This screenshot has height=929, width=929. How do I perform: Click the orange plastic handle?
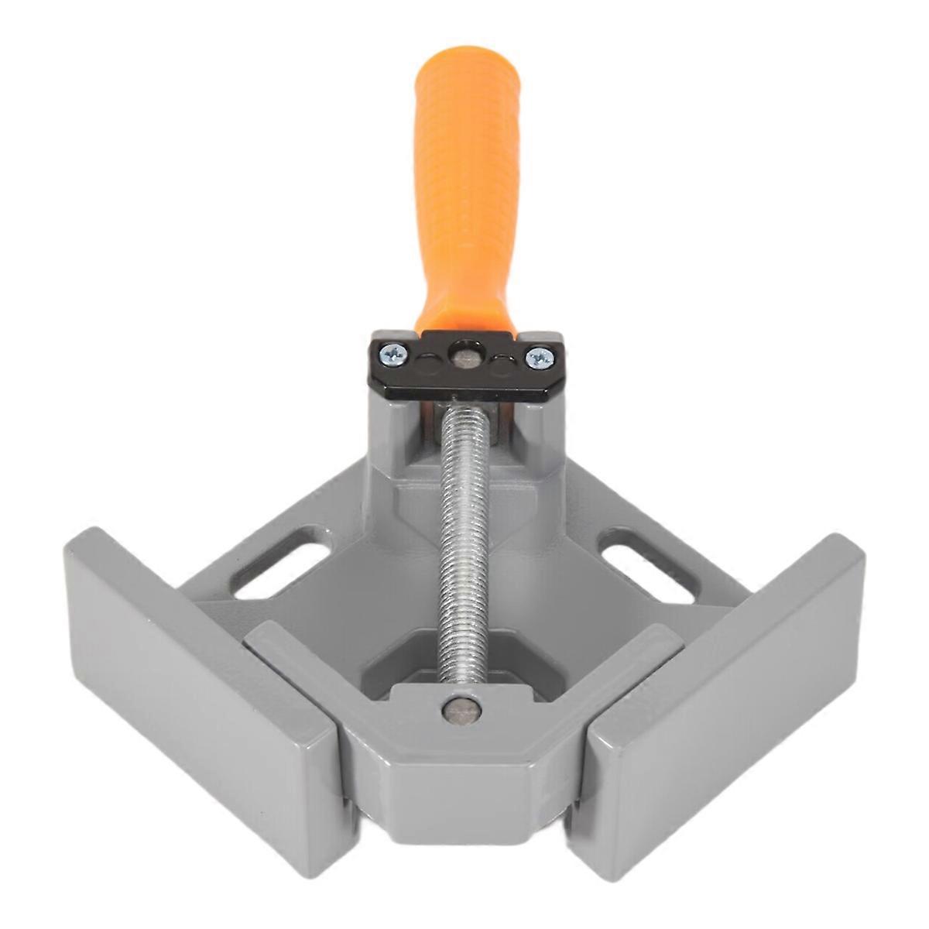coord(463,194)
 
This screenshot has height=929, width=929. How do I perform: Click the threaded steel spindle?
coord(463,542)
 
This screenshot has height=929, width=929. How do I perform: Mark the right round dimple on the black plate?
coord(502,364)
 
